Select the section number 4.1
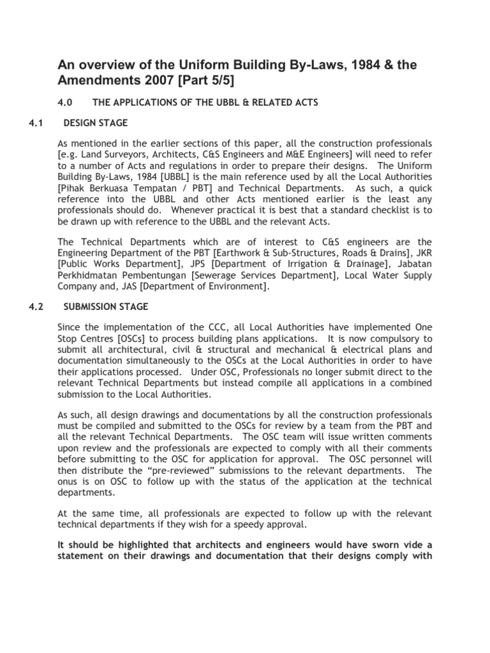[x=36, y=122]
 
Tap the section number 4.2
[x=36, y=307]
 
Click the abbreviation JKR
[x=422, y=253]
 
